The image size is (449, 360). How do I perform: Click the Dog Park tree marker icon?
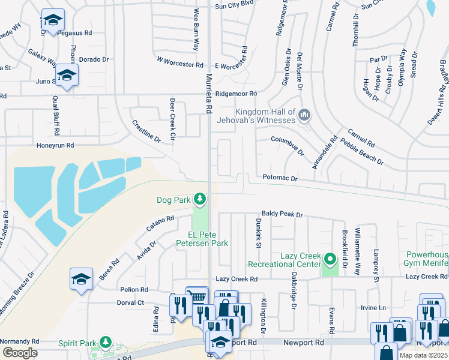[x=199, y=199]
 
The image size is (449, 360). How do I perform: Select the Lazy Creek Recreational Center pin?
[x=330, y=260]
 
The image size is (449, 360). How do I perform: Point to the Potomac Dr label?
[x=280, y=178]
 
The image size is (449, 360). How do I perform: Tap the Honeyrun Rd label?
[x=55, y=145]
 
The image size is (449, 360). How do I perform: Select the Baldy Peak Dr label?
[x=282, y=214]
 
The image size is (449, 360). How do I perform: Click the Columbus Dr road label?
[x=288, y=145]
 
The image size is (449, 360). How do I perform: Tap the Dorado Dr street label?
[x=94, y=59]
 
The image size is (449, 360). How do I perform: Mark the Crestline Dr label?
[x=146, y=131]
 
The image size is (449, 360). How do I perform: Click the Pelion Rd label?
[x=134, y=289]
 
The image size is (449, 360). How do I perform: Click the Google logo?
[x=20, y=352]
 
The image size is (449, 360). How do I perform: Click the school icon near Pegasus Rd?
[x=53, y=21]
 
